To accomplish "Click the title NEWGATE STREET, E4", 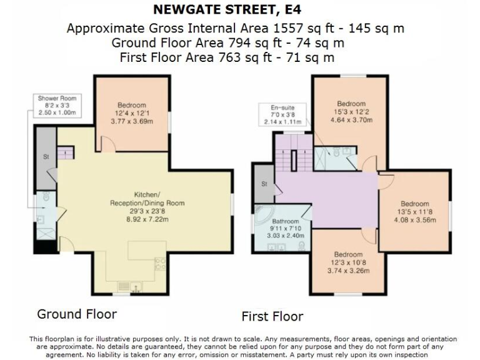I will pyautogui.click(x=240, y=11).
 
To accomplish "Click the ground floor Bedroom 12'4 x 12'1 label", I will pyautogui.click(x=131, y=113).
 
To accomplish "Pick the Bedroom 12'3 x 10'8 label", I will pyautogui.click(x=348, y=262).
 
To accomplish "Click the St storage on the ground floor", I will pyautogui.click(x=46, y=157).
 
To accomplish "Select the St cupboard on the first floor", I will pyautogui.click(x=264, y=184).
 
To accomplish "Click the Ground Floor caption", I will pyautogui.click(x=76, y=313).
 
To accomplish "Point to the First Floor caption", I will pyautogui.click(x=272, y=316).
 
